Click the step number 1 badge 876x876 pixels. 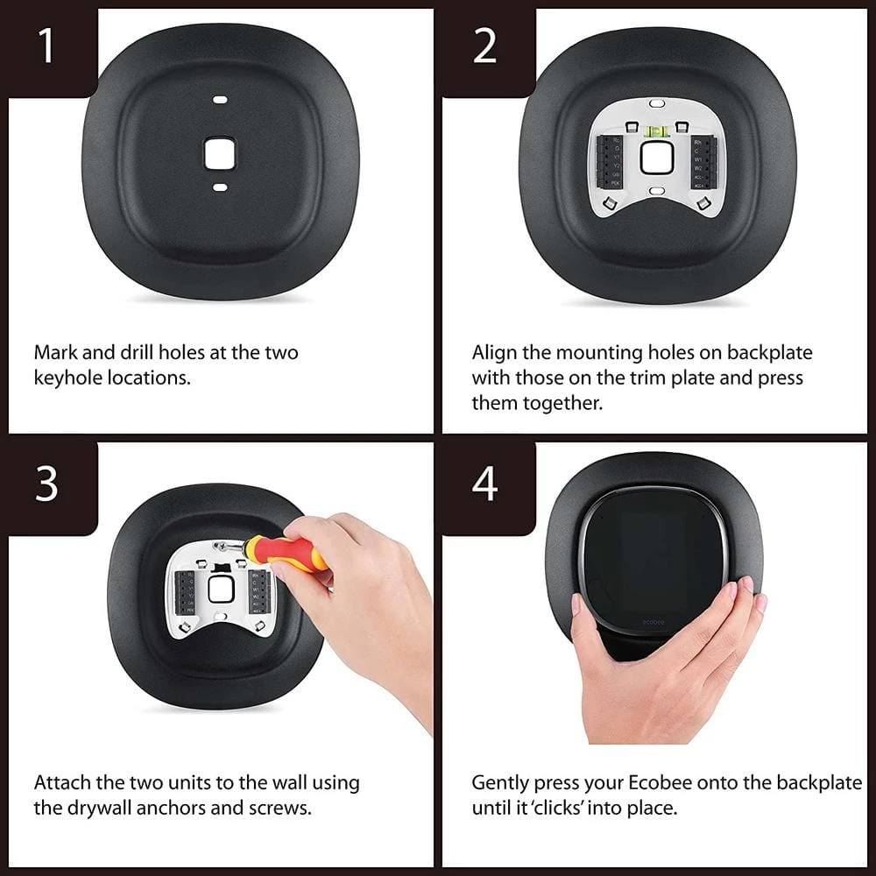(46, 46)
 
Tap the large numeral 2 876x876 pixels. (484, 46)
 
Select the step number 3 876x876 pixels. (46, 484)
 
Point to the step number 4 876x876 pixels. (484, 484)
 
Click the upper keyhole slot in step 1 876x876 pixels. (219, 101)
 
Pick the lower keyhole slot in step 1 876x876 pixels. (220, 187)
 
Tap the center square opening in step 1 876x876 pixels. (219, 152)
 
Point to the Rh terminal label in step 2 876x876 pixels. (697, 140)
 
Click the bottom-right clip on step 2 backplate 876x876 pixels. (703, 203)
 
